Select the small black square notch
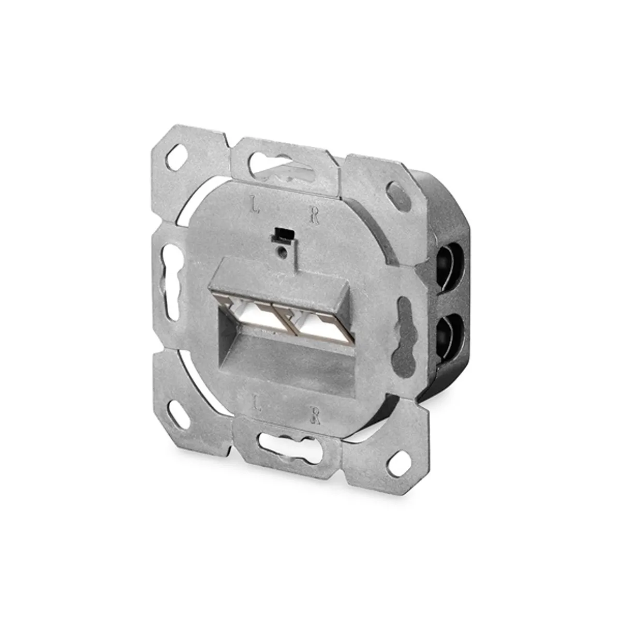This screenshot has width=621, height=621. (x=283, y=235)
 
